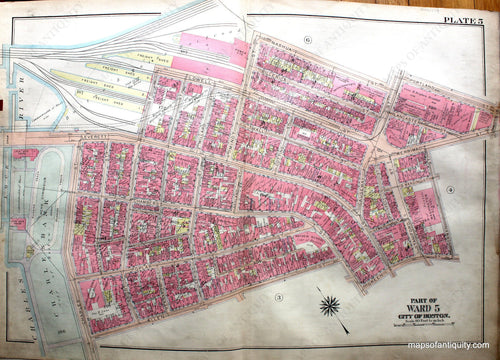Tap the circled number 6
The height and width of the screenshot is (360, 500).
[x=309, y=39]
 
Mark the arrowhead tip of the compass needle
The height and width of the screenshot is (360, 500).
[x=348, y=331]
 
